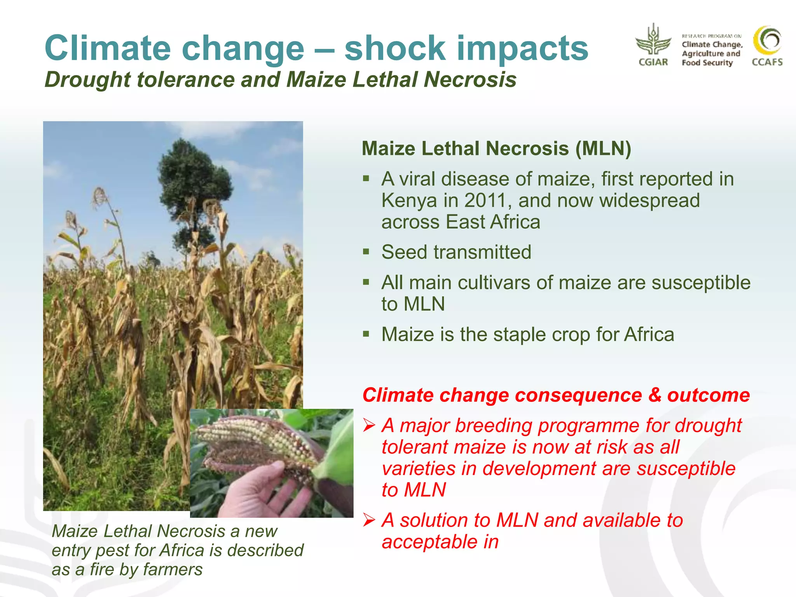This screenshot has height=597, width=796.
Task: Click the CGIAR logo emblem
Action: coord(653,41)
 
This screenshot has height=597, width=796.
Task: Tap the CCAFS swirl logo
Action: coord(767,41)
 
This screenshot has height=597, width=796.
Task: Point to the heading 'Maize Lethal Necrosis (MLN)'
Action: coord(496,148)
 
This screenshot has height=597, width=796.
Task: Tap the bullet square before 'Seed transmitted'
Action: coord(366,251)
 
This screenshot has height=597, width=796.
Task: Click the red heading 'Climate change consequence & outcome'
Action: coord(556,395)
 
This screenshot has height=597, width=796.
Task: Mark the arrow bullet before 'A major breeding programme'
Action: coord(369,426)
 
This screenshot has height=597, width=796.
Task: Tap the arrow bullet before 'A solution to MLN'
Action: coord(369,520)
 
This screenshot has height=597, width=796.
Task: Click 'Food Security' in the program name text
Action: coord(707,63)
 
